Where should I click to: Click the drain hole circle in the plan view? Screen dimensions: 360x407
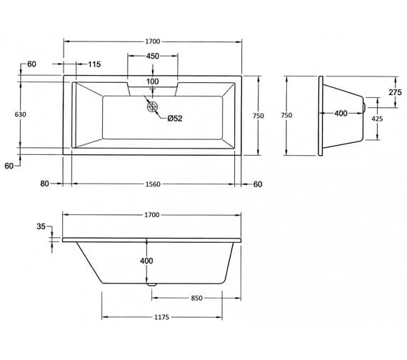click(152, 107)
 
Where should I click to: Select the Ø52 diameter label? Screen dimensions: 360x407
click(175, 119)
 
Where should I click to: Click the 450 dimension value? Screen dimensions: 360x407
click(153, 56)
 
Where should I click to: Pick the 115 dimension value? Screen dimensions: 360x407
click(94, 65)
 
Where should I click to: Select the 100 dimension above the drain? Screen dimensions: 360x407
click(153, 81)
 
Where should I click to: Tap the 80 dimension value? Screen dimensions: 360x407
click(45, 184)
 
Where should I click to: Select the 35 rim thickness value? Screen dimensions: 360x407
click(40, 226)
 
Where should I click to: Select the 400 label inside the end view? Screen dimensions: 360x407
click(341, 114)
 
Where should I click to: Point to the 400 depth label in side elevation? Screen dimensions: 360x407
click(146, 261)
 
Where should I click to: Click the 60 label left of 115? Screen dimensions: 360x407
click(31, 65)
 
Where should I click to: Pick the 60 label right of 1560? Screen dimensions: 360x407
click(258, 184)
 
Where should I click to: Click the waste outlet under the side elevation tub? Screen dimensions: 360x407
click(151, 284)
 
